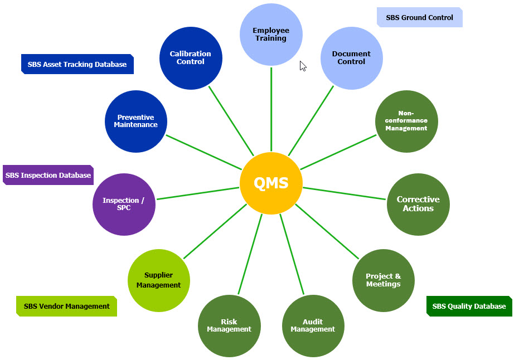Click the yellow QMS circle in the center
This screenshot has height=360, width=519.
point(271,183)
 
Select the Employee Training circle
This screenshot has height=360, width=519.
point(271,35)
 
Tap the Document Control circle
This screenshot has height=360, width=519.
point(351,58)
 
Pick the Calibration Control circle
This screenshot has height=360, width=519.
point(190,58)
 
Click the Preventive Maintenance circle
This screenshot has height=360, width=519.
point(136,121)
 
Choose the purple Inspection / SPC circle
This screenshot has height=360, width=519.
point(124,204)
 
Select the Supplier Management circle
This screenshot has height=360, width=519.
point(158,280)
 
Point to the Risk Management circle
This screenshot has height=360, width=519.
point(229,325)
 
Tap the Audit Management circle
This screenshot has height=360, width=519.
point(313,325)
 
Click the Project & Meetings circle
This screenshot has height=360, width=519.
point(383,280)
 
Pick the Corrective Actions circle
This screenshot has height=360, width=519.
point(418,204)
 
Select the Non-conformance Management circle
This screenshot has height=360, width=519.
point(406,121)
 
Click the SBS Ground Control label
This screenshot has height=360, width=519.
point(420,17)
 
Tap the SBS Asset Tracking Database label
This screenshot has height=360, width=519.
point(77,64)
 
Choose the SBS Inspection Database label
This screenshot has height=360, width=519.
point(48,175)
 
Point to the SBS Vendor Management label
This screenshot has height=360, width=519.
point(66,306)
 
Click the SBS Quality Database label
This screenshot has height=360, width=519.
point(469,306)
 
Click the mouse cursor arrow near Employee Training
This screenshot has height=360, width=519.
point(303,66)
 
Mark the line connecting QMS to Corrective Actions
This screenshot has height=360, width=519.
point(346,193)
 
